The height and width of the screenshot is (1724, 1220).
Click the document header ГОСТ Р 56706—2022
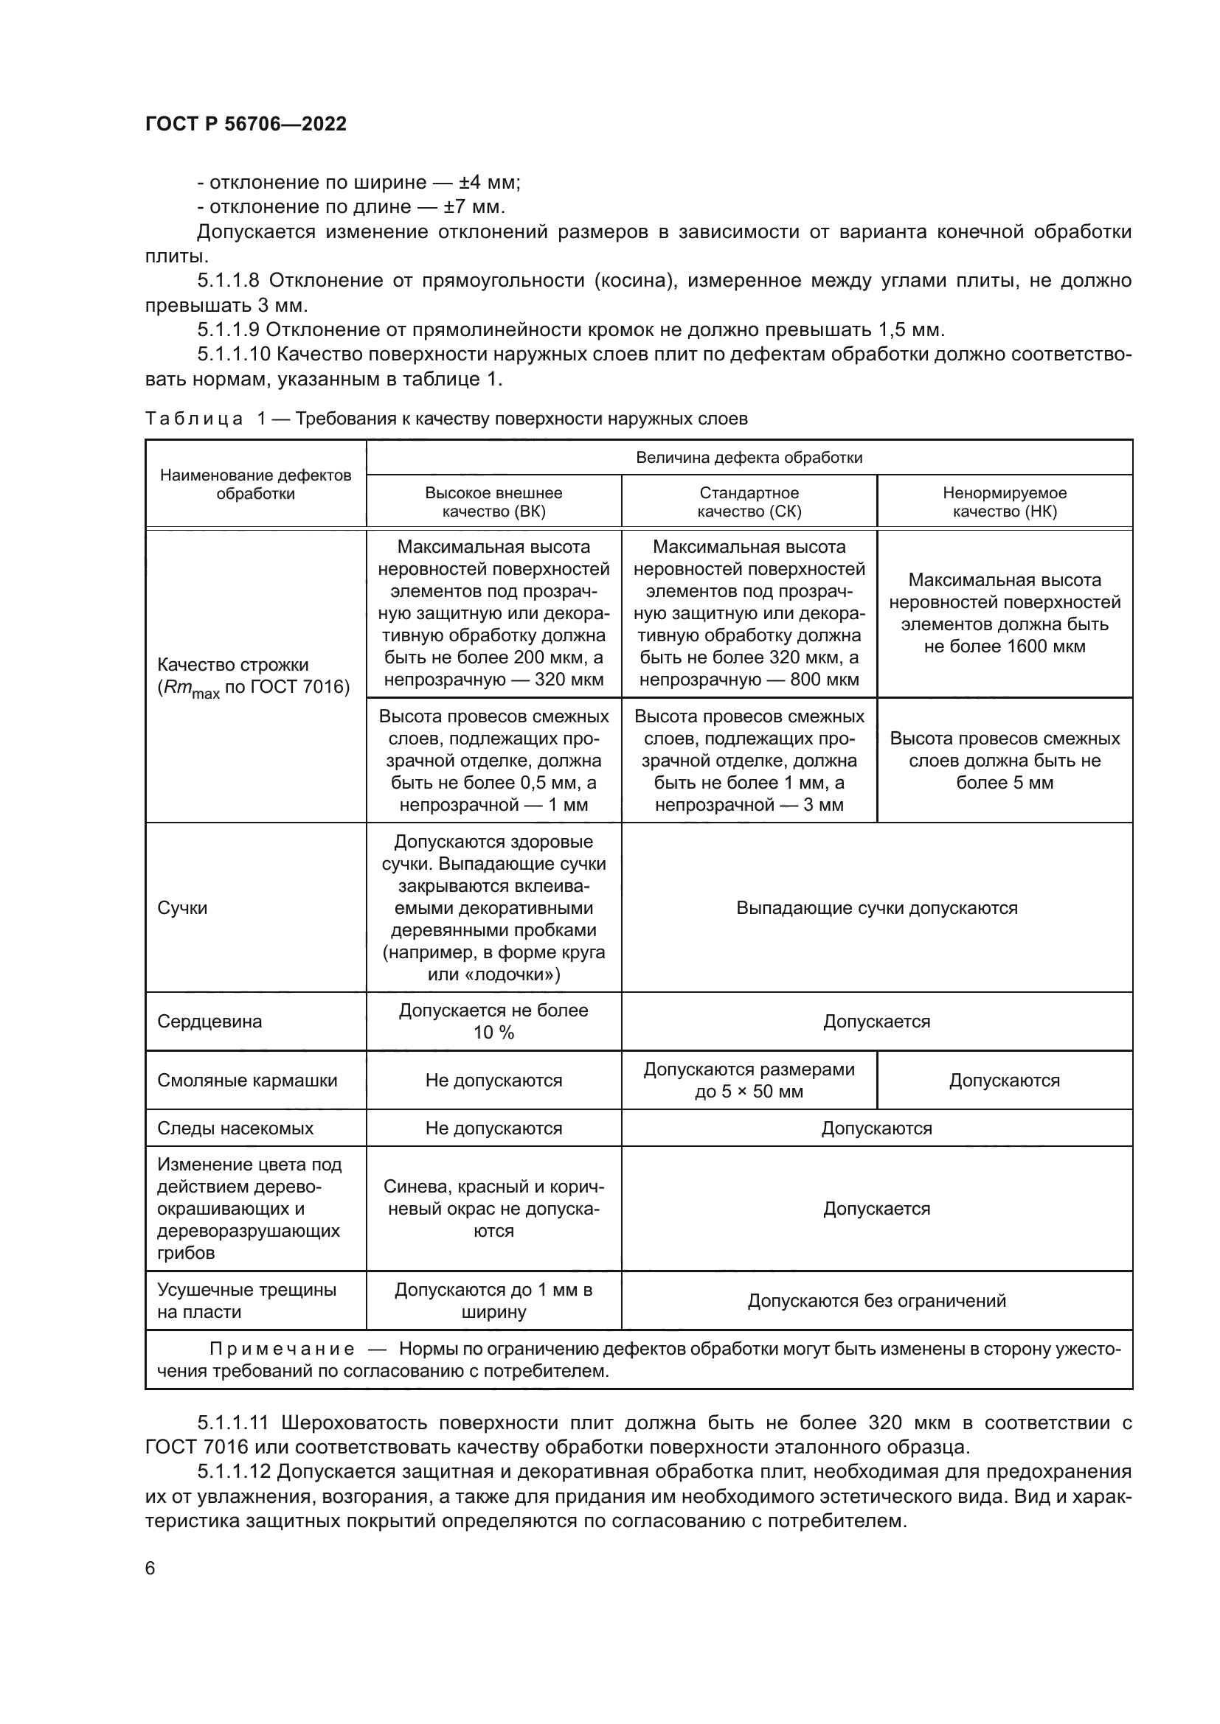(246, 124)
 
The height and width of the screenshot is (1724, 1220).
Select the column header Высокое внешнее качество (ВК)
(493, 502)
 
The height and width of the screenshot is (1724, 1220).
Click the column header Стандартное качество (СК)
(749, 502)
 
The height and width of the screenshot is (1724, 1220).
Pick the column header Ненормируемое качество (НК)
(1005, 502)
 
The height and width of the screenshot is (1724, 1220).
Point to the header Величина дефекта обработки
(749, 457)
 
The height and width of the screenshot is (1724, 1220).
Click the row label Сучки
(182, 908)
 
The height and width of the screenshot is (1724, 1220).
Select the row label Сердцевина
(209, 1021)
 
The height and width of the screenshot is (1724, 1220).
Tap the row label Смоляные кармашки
(247, 1080)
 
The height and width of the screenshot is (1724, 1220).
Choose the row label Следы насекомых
(235, 1128)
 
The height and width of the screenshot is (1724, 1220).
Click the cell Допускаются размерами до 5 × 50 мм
(749, 1080)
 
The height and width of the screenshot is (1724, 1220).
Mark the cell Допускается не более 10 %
(493, 1021)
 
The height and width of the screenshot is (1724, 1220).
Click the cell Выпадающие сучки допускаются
(877, 908)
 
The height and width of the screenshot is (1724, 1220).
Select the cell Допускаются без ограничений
(877, 1300)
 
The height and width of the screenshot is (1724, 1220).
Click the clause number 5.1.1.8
(228, 281)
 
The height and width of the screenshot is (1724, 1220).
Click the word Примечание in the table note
(282, 1349)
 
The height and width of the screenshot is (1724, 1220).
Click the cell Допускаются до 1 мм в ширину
(493, 1300)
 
